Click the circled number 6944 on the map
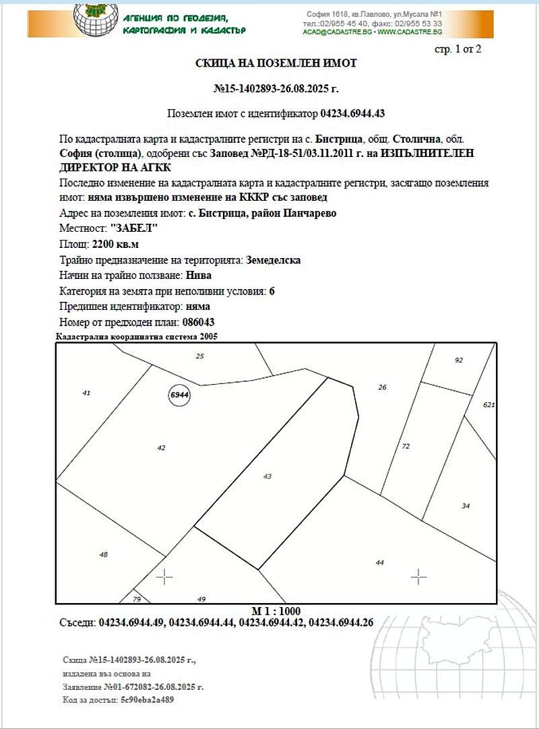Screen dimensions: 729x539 (179, 395)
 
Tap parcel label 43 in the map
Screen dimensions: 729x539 (267, 476)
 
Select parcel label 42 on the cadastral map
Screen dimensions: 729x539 (161, 447)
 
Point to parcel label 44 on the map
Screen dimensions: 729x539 (379, 562)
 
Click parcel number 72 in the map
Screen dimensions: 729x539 (406, 446)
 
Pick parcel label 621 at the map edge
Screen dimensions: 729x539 (489, 405)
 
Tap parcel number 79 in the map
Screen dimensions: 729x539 (137, 599)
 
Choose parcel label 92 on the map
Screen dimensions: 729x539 (459, 360)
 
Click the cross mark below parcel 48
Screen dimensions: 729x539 (164, 577)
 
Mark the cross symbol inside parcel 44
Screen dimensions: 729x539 (419, 576)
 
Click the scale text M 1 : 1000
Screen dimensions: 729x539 (276, 611)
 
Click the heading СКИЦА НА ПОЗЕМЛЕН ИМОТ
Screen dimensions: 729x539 (276, 63)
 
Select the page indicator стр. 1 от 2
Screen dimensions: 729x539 (458, 49)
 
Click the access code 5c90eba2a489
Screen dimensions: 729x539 (148, 700)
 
